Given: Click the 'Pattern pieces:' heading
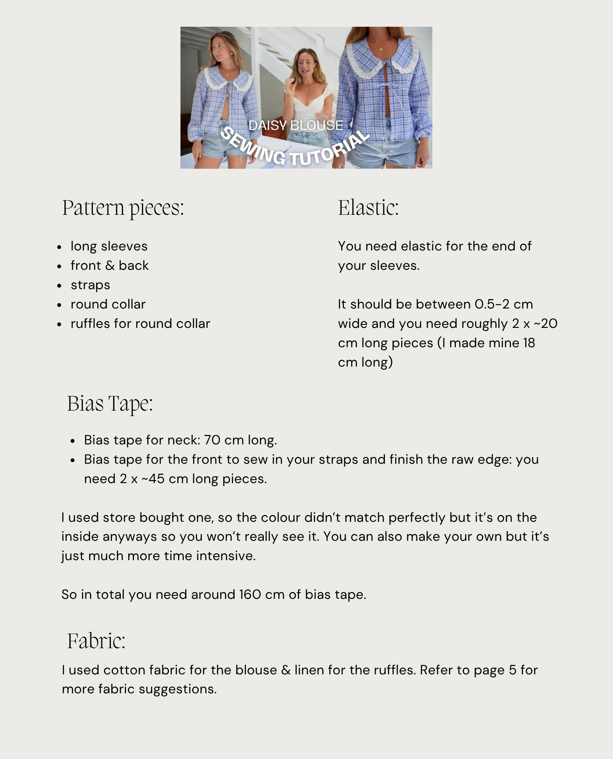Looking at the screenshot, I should coord(123,208).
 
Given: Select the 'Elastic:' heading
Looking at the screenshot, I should coord(368,208).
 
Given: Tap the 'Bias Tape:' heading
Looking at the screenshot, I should coord(110,404).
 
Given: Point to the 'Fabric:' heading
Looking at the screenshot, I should coord(96,641).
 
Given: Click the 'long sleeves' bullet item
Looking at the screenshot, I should coord(109,246).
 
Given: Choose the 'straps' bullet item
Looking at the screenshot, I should coord(90,285).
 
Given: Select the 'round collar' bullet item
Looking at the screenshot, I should coord(108,304).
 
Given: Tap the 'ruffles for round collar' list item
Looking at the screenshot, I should coord(140,324).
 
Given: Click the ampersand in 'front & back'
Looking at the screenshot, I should coord(110,266).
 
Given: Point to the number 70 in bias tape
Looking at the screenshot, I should coord(212,440).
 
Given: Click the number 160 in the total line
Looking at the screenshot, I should coord(250,595).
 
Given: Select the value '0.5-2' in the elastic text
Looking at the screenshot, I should coord(492,304).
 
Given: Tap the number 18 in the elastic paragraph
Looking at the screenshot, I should coord(529,343).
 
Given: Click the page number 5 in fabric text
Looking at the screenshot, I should coord(513,670).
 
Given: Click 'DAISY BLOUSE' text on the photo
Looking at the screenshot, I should coord(296,125).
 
